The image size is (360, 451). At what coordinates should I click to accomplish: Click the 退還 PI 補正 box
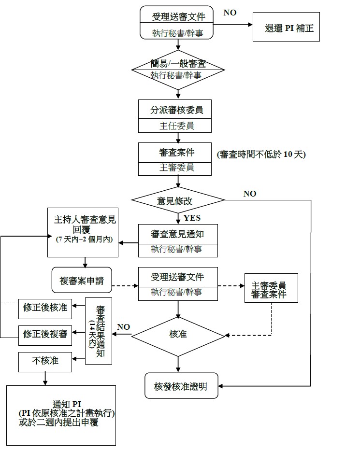[286, 28]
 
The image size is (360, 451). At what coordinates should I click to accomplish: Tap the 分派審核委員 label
[176, 110]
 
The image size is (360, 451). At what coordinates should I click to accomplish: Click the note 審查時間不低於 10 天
[261, 155]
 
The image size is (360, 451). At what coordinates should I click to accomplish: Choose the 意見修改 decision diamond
[178, 199]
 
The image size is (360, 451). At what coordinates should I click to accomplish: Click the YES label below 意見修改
[191, 218]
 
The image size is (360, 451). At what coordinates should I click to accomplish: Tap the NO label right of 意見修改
[249, 193]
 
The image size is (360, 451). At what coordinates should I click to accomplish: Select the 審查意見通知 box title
[177, 234]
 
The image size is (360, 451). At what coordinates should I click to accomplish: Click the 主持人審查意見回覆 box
[85, 232]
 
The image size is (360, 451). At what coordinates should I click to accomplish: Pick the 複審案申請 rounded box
[82, 280]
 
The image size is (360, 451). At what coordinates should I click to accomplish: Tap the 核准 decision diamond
[178, 334]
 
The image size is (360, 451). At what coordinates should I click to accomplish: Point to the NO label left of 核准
[123, 327]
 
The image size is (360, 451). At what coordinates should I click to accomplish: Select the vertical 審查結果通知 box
[100, 331]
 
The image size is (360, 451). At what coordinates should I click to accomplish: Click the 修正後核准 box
[45, 308]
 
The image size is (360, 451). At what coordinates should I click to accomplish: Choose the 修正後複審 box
[45, 334]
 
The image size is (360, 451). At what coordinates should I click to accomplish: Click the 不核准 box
[45, 360]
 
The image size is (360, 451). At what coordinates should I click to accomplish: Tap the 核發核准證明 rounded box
[181, 386]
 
